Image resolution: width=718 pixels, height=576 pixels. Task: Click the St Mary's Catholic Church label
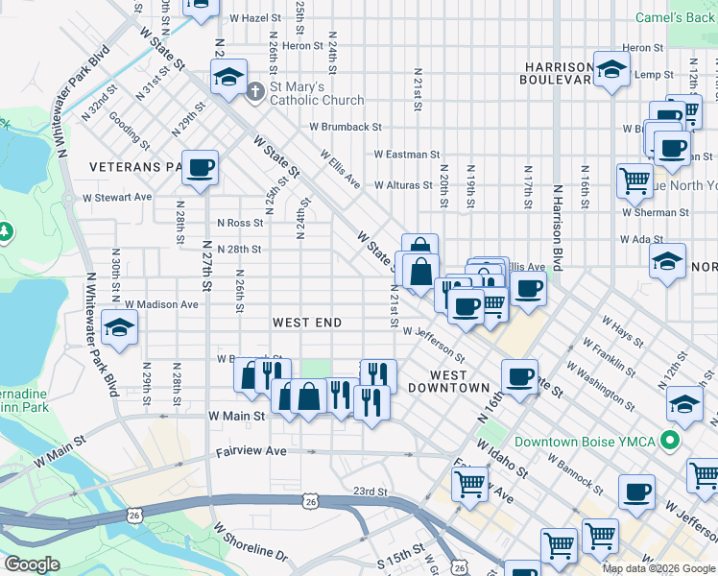(317, 93)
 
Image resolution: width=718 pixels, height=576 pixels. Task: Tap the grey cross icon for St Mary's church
(254, 93)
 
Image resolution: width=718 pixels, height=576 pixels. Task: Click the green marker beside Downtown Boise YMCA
(673, 442)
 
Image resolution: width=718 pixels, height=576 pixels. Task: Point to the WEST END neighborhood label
(307, 323)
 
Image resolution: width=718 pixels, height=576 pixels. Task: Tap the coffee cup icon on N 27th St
(201, 168)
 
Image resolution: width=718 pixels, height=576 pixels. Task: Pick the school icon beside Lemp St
(610, 69)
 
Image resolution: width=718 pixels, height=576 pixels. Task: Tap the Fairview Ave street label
(251, 450)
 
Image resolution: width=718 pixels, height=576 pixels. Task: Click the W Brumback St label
(345, 127)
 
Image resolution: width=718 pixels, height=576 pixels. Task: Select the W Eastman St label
(406, 154)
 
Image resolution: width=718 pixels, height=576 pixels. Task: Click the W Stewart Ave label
(117, 197)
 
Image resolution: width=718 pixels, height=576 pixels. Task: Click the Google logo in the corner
(33, 564)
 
